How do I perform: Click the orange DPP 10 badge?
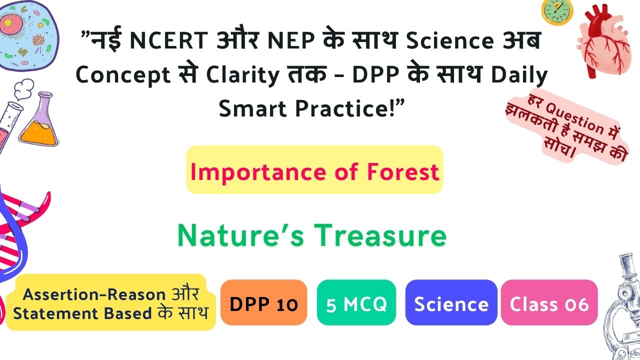[x=263, y=302]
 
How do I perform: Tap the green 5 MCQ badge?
[x=356, y=302]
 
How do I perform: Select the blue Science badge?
[x=451, y=302]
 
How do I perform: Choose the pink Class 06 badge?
[x=549, y=302]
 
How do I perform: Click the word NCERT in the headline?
[x=169, y=40]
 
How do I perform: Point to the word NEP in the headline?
[x=291, y=40]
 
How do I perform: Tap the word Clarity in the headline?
[x=242, y=75]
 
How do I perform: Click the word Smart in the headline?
[x=252, y=109]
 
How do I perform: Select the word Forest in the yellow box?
[x=403, y=172]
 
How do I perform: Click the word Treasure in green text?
[x=380, y=235]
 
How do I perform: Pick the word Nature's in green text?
[x=240, y=235]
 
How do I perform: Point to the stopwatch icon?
[x=557, y=11]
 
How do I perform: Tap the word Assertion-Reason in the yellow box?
[x=94, y=294]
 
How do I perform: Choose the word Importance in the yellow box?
[x=258, y=172]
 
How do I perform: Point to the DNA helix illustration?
[x=17, y=243]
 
